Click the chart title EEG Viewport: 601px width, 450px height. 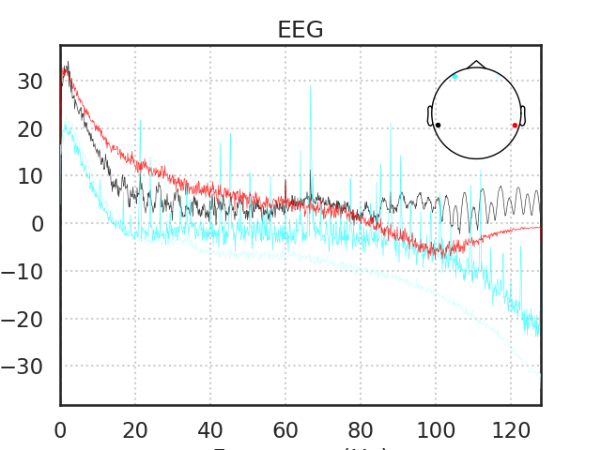tap(300, 30)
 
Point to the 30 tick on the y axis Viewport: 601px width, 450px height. tap(30, 82)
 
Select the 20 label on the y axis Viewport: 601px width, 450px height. tap(30, 128)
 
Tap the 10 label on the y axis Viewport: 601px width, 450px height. tap(30, 176)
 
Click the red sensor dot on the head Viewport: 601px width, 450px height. tap(515, 125)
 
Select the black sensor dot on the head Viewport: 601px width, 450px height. tap(438, 125)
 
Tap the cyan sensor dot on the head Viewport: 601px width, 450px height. tap(455, 77)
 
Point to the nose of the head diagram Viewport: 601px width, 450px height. tap(476, 65)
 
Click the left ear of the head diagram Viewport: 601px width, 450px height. tap(430, 115)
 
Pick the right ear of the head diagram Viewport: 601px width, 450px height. tap(522, 115)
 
